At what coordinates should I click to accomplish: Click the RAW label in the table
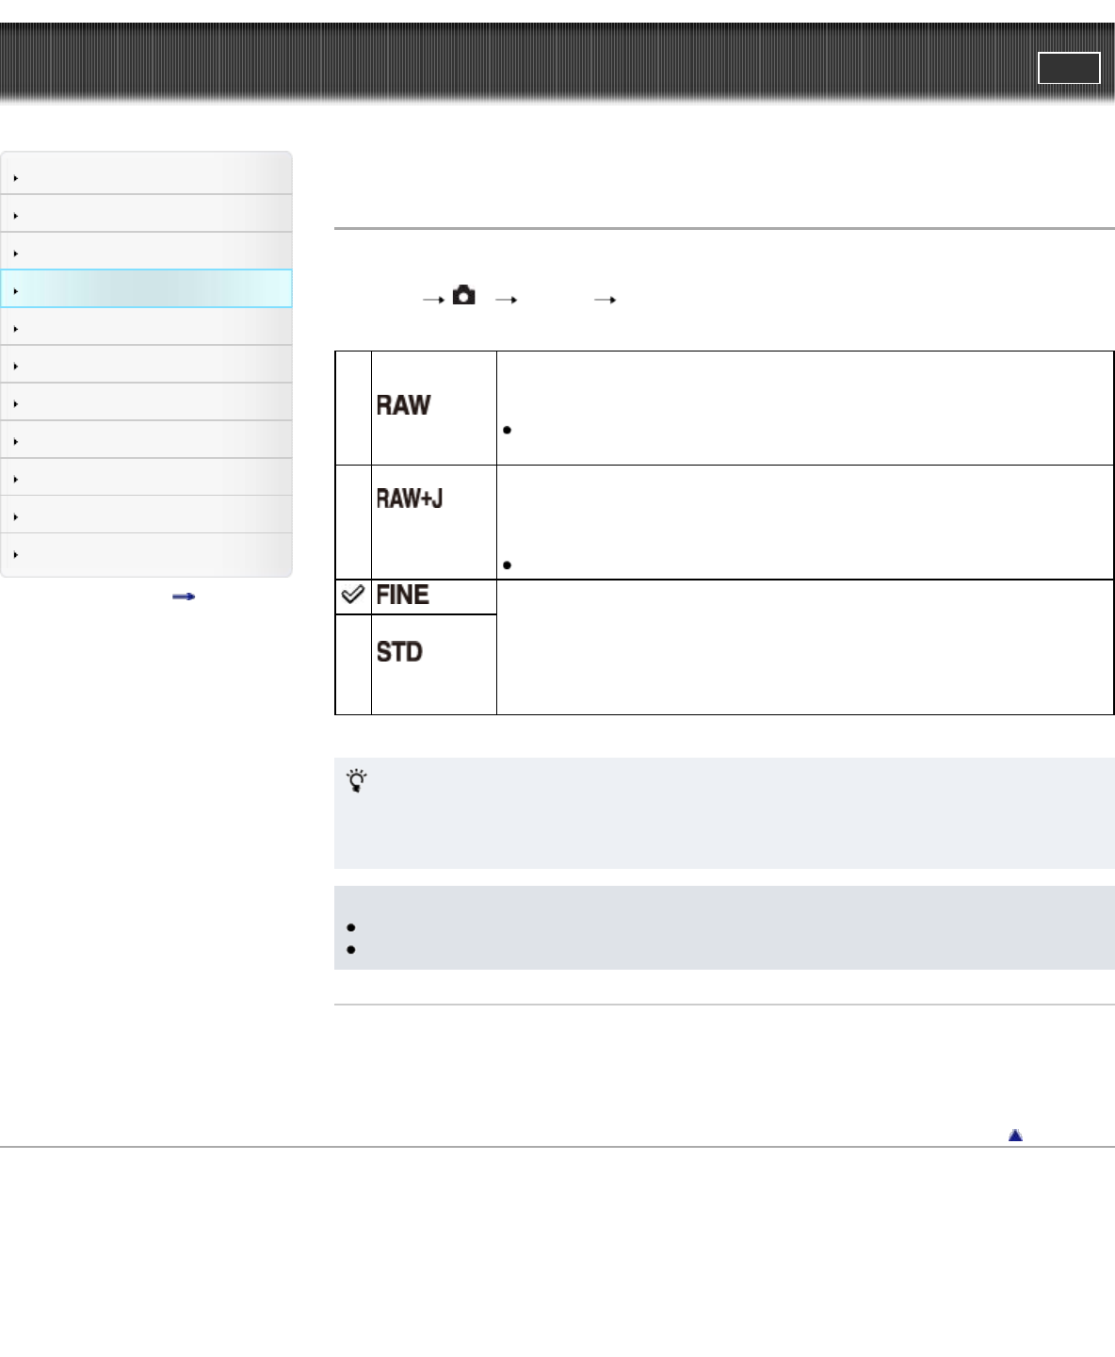click(x=403, y=405)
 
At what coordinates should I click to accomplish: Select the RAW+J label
click(x=410, y=499)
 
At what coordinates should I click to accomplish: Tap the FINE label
click(x=402, y=596)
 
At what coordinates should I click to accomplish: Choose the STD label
click(x=399, y=652)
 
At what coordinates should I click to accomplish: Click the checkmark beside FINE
click(x=352, y=595)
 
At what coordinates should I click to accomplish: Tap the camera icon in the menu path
click(x=463, y=296)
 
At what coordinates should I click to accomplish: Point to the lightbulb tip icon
click(x=357, y=781)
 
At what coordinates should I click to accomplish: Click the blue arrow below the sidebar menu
click(x=184, y=597)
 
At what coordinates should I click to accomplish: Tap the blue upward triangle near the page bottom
click(x=1015, y=1136)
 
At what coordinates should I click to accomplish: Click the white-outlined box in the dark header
click(x=1069, y=68)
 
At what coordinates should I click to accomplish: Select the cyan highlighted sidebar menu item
click(x=147, y=289)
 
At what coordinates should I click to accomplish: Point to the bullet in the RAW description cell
click(x=508, y=431)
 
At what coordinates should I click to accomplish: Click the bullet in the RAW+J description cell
click(x=508, y=565)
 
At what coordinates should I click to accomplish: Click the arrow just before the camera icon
click(x=433, y=300)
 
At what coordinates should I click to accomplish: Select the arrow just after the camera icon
click(x=506, y=300)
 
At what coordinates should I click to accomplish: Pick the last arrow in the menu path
click(x=605, y=300)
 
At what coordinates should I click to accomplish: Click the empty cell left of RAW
click(x=353, y=408)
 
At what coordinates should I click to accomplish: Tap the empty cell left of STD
click(x=353, y=664)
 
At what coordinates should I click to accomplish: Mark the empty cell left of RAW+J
click(x=353, y=522)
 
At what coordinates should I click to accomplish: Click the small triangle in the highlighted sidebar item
click(x=16, y=291)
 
